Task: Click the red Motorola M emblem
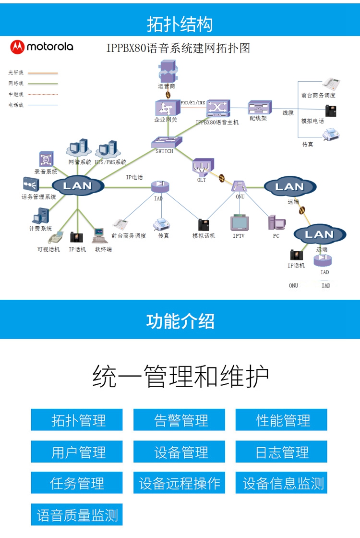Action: (17, 47)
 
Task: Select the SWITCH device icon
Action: (167, 142)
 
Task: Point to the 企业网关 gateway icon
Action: (164, 108)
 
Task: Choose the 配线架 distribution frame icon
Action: (259, 108)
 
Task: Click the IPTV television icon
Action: (239, 223)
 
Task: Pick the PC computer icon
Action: (276, 222)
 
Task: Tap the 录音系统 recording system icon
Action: (46, 159)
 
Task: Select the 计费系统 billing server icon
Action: (41, 217)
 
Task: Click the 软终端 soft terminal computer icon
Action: (99, 236)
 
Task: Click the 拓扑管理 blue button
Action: (77, 420)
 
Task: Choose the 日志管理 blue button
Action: (281, 452)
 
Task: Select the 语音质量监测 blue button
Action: (77, 515)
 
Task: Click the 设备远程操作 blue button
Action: (180, 483)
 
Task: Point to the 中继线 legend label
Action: (16, 94)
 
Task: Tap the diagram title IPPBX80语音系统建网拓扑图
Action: (178, 48)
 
